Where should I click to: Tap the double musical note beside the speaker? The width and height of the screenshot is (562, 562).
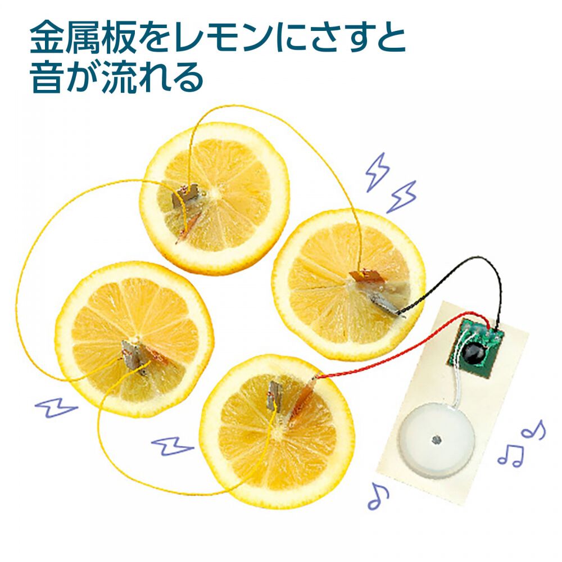(510, 454)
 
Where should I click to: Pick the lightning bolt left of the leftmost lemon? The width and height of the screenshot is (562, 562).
(55, 407)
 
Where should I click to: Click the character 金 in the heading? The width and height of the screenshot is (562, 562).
(49, 38)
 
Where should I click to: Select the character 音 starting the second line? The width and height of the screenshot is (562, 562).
(49, 77)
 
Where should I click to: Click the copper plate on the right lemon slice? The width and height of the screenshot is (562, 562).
(366, 277)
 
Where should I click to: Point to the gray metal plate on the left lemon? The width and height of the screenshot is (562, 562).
(132, 353)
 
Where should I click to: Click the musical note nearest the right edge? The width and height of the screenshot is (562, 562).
(533, 430)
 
